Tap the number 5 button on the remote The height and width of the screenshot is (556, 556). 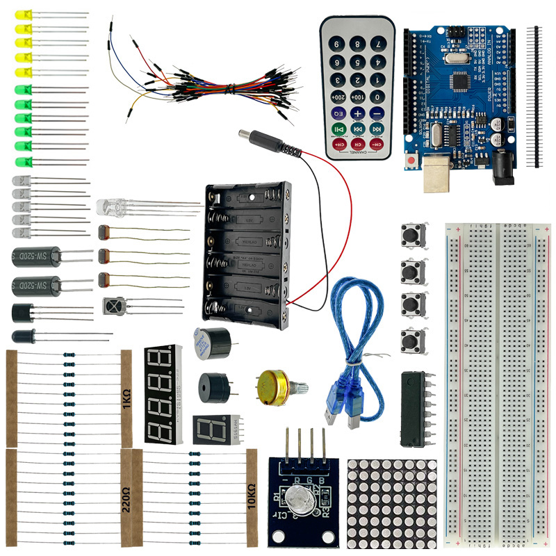[357, 63]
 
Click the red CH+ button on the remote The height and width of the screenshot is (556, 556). [340, 145]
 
